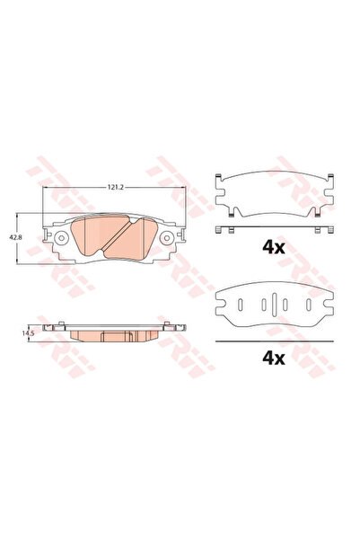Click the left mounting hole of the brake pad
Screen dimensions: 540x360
[62, 240]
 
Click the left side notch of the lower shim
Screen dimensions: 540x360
[221, 303]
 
